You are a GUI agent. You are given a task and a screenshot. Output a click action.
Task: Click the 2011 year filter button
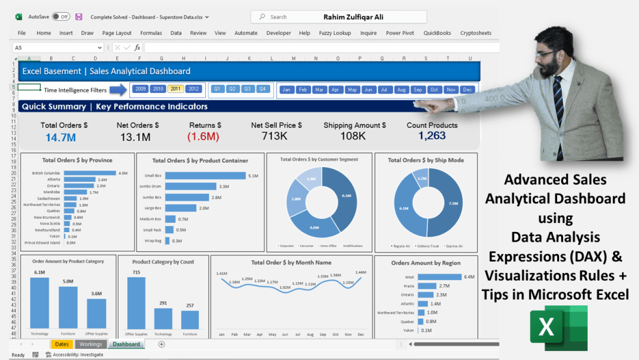pos(175,89)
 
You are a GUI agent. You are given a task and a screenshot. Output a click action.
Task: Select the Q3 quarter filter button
pos(247,89)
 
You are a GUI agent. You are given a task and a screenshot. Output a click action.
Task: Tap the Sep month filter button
pos(418,90)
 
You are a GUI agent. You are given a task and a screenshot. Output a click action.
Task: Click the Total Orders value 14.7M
pos(60,137)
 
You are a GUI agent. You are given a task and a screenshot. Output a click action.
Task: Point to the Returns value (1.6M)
pos(203,136)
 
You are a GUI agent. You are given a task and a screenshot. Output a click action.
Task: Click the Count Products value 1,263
pos(432,136)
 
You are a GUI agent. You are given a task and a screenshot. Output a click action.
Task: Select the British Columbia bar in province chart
pos(90,173)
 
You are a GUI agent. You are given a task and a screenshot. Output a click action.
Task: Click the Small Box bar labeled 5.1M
pos(205,175)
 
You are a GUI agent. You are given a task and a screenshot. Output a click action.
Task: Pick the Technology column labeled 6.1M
pos(40,303)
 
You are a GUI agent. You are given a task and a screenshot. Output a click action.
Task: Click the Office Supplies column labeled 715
pos(136,303)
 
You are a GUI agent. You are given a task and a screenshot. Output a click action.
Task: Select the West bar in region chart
pos(438,277)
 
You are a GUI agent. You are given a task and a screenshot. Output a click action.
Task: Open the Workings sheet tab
pos(90,344)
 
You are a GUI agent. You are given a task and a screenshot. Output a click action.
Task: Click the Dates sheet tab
pos(62,344)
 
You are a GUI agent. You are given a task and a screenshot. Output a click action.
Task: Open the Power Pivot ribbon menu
pos(399,33)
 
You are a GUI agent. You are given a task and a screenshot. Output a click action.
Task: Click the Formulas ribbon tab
pos(151,33)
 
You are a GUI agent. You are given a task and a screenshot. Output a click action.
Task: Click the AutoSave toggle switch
pos(61,16)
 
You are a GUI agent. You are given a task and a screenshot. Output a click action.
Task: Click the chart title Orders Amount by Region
pos(425,263)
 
